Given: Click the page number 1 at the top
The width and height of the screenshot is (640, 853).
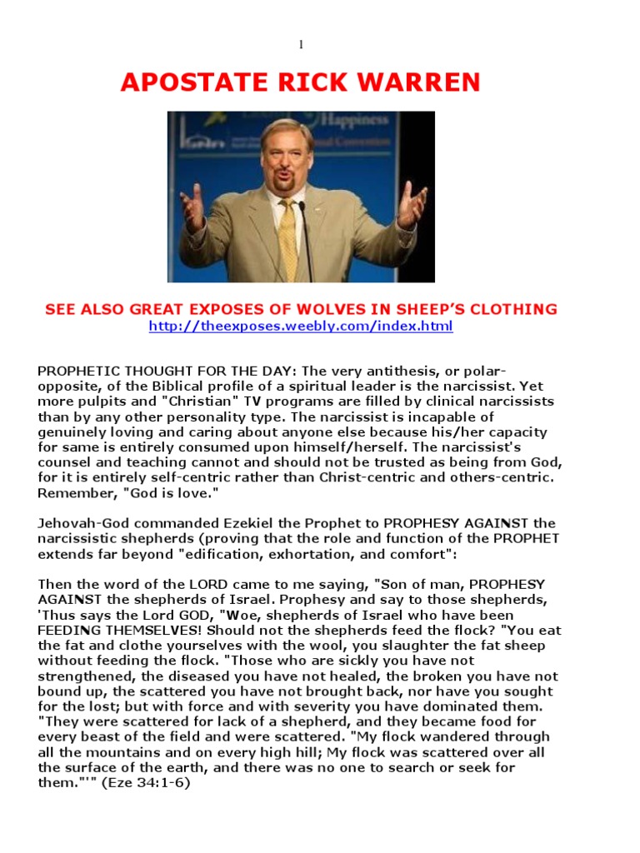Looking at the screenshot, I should [x=302, y=44].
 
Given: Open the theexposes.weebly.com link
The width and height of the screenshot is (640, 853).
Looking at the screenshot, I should [x=301, y=327].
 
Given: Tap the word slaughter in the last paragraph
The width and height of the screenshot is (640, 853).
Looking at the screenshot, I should [x=387, y=646].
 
